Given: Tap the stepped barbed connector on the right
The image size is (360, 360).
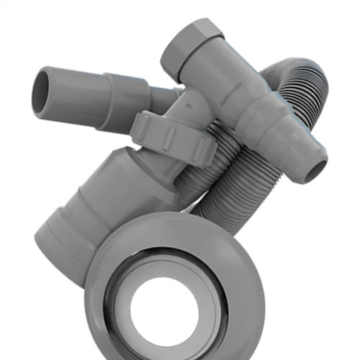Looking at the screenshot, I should coord(281,137).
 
